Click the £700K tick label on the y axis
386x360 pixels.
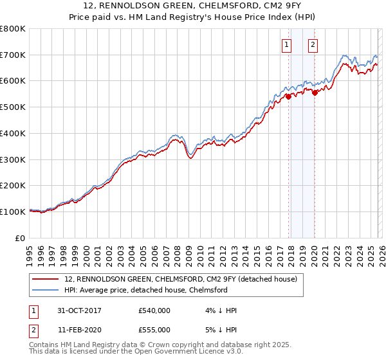click(13, 55)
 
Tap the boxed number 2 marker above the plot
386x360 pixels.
click(313, 45)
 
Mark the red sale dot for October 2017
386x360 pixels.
click(288, 97)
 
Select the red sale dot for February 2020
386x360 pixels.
click(315, 93)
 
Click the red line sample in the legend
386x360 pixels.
click(45, 280)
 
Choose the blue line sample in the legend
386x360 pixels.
click(45, 290)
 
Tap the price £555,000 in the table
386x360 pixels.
click(154, 329)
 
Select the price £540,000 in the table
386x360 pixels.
click(154, 310)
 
